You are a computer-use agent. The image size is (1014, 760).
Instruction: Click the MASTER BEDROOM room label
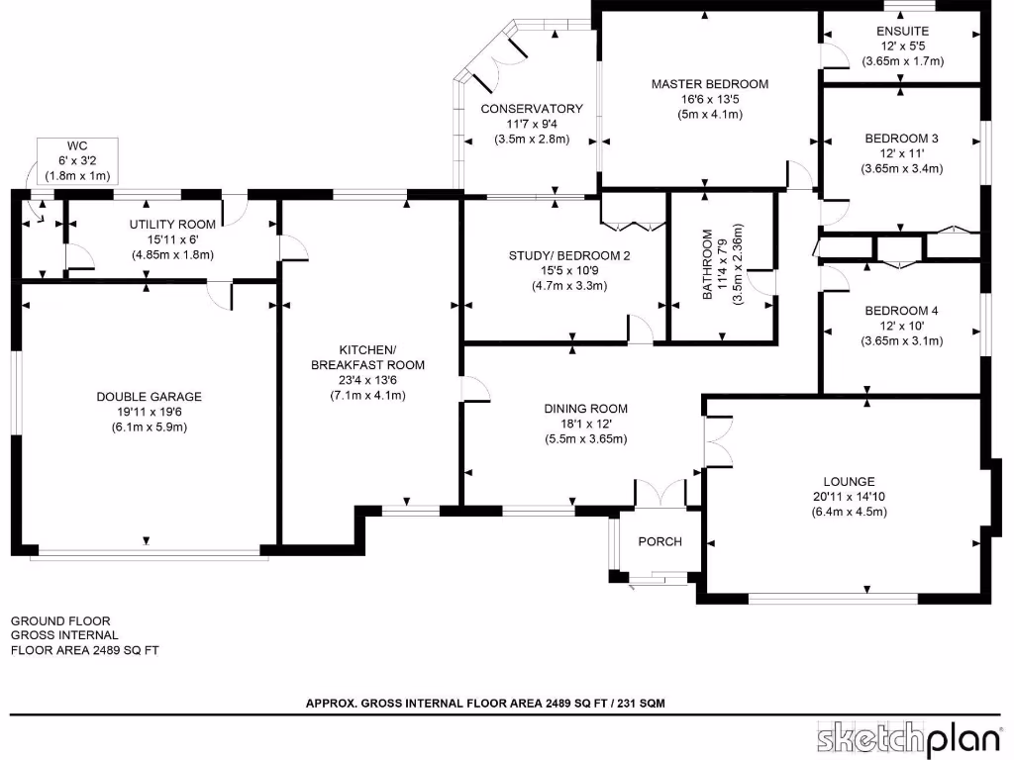[709, 84]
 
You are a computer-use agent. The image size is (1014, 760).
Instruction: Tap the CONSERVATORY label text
[532, 109]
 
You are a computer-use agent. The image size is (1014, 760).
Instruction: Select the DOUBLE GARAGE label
[150, 397]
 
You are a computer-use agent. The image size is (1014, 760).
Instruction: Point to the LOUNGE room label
[849, 482]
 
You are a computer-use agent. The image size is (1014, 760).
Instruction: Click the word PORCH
[659, 541]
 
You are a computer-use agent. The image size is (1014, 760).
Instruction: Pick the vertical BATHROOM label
[708, 264]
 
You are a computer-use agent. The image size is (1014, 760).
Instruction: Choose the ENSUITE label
[902, 32]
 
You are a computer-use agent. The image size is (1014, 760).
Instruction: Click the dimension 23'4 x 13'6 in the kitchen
[367, 380]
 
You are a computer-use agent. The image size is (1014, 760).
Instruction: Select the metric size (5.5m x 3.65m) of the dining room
[585, 438]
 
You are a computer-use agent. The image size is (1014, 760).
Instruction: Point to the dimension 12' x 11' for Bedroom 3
[901, 153]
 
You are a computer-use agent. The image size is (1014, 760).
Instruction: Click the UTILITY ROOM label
[172, 225]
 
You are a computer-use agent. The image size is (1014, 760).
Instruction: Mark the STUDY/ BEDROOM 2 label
[569, 255]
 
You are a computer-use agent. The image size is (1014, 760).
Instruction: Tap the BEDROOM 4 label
[901, 311]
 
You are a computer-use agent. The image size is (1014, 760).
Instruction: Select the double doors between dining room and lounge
[710, 439]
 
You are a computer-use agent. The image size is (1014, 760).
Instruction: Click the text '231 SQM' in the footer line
[640, 703]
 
